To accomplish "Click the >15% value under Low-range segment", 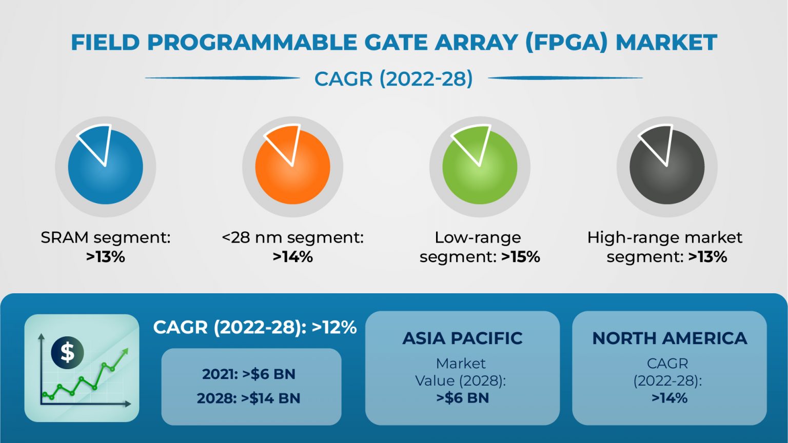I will [x=521, y=257].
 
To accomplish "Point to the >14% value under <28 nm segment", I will [x=293, y=257].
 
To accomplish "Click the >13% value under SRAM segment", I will [x=106, y=257].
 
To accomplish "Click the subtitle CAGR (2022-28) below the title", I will [x=393, y=79].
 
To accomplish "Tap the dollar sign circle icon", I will [x=67, y=352].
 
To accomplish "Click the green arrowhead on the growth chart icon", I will [x=124, y=352].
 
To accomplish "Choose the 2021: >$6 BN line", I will [x=249, y=374].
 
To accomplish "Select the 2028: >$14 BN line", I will [x=249, y=398].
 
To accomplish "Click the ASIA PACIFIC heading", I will [x=462, y=338].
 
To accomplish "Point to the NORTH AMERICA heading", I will [x=669, y=338].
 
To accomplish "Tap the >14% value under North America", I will [x=669, y=398].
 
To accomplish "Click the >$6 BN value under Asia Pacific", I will [x=462, y=398].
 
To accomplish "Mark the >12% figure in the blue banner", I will [x=334, y=327].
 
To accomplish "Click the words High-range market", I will [x=664, y=237].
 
